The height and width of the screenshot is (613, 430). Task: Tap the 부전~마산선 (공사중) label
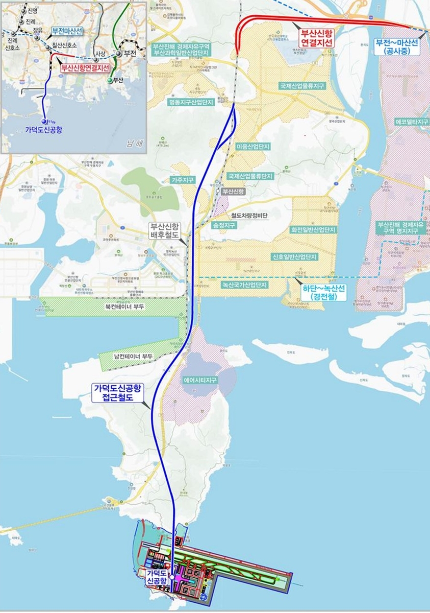[x=396, y=46]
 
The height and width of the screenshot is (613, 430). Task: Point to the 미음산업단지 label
[x=253, y=147]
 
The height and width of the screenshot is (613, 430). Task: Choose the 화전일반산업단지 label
[x=314, y=230]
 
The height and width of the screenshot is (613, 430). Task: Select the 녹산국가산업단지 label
[x=244, y=285]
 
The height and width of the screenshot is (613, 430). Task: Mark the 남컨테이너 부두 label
[x=133, y=356]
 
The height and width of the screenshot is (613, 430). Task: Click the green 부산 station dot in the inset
[x=109, y=81]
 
